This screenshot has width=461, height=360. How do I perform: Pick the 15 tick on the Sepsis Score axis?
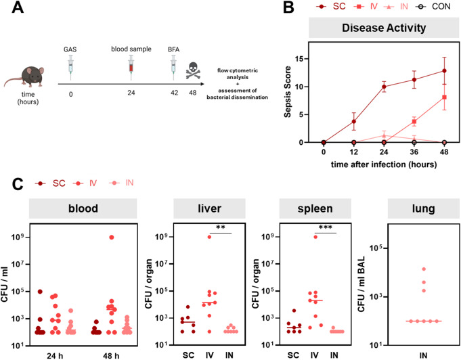pyautogui.click(x=310, y=59)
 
